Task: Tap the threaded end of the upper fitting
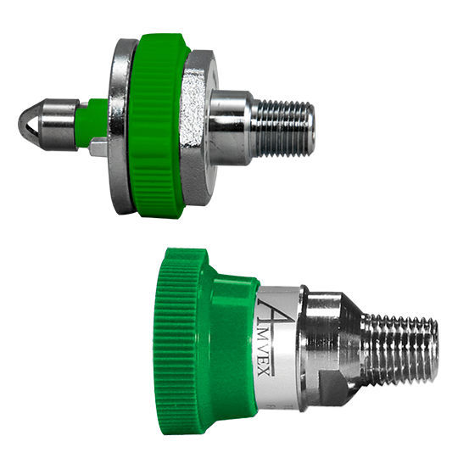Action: pos(285,127)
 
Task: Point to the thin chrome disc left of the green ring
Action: pos(120,127)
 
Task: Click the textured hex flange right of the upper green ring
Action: pos(194,127)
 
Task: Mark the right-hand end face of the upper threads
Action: pos(312,127)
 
